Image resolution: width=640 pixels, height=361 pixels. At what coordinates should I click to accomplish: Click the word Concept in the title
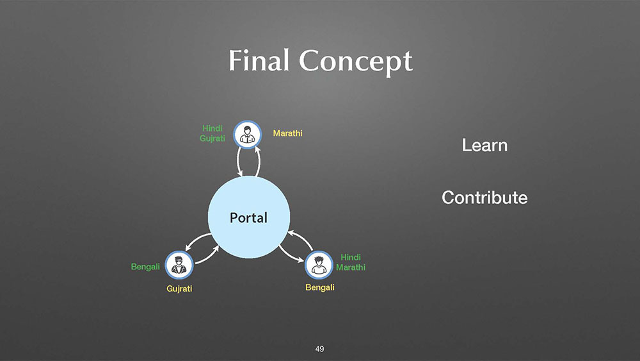coord(355,63)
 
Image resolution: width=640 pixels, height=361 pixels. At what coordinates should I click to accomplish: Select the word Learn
coord(484,145)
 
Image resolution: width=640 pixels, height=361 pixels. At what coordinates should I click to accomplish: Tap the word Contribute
coord(484,197)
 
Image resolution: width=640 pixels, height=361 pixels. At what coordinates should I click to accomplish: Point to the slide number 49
coord(319,349)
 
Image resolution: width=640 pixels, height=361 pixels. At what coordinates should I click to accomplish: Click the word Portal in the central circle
coord(248,217)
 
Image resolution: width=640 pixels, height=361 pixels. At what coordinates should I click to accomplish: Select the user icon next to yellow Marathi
coord(247,135)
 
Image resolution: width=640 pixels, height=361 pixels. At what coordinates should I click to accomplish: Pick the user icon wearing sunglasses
coord(179,265)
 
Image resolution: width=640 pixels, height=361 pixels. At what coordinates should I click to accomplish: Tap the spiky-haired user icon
coord(319,265)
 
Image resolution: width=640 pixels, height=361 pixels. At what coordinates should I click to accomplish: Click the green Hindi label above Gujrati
coord(212,128)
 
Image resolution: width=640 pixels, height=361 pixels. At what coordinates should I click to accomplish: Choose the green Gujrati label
coord(212,139)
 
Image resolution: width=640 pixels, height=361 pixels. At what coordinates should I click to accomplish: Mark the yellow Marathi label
coord(288,133)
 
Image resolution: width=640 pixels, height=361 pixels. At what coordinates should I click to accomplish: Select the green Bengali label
coord(145,267)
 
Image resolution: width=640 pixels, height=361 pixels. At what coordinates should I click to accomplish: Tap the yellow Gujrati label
coord(179,289)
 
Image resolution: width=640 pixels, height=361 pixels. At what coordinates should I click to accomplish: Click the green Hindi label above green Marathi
coord(351,257)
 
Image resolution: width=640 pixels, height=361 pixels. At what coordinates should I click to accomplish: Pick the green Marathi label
coord(351,267)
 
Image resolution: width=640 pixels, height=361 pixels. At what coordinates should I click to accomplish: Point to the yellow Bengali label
coord(320,287)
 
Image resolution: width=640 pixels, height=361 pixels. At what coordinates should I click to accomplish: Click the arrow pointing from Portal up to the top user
coord(259,162)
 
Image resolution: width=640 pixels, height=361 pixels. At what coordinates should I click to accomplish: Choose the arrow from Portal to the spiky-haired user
coord(291,255)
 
